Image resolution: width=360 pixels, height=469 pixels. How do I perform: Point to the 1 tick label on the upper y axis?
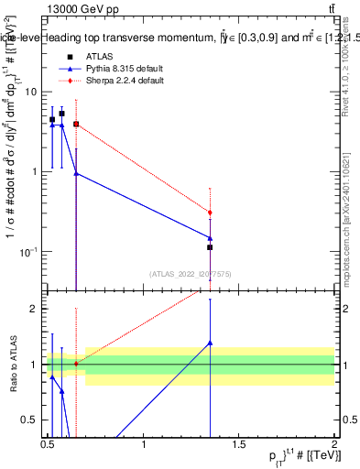coord(35,171)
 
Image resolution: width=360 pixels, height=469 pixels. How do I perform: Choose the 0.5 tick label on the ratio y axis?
coord(30,419)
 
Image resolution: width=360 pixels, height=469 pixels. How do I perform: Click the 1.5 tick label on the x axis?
coord(240,444)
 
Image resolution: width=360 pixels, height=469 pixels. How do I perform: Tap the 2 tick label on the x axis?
coord(334,444)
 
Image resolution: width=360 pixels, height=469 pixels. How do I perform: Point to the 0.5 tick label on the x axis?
coord(49,444)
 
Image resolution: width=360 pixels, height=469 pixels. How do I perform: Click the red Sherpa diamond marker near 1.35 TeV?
coord(210,213)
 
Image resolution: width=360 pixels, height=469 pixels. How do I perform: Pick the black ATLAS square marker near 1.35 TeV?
coord(210,247)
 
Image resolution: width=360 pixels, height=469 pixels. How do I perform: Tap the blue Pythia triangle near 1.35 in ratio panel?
coord(210,343)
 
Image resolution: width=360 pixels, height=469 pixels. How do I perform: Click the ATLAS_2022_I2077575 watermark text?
coord(190,272)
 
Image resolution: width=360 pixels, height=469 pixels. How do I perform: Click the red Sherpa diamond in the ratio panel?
coord(76,364)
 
